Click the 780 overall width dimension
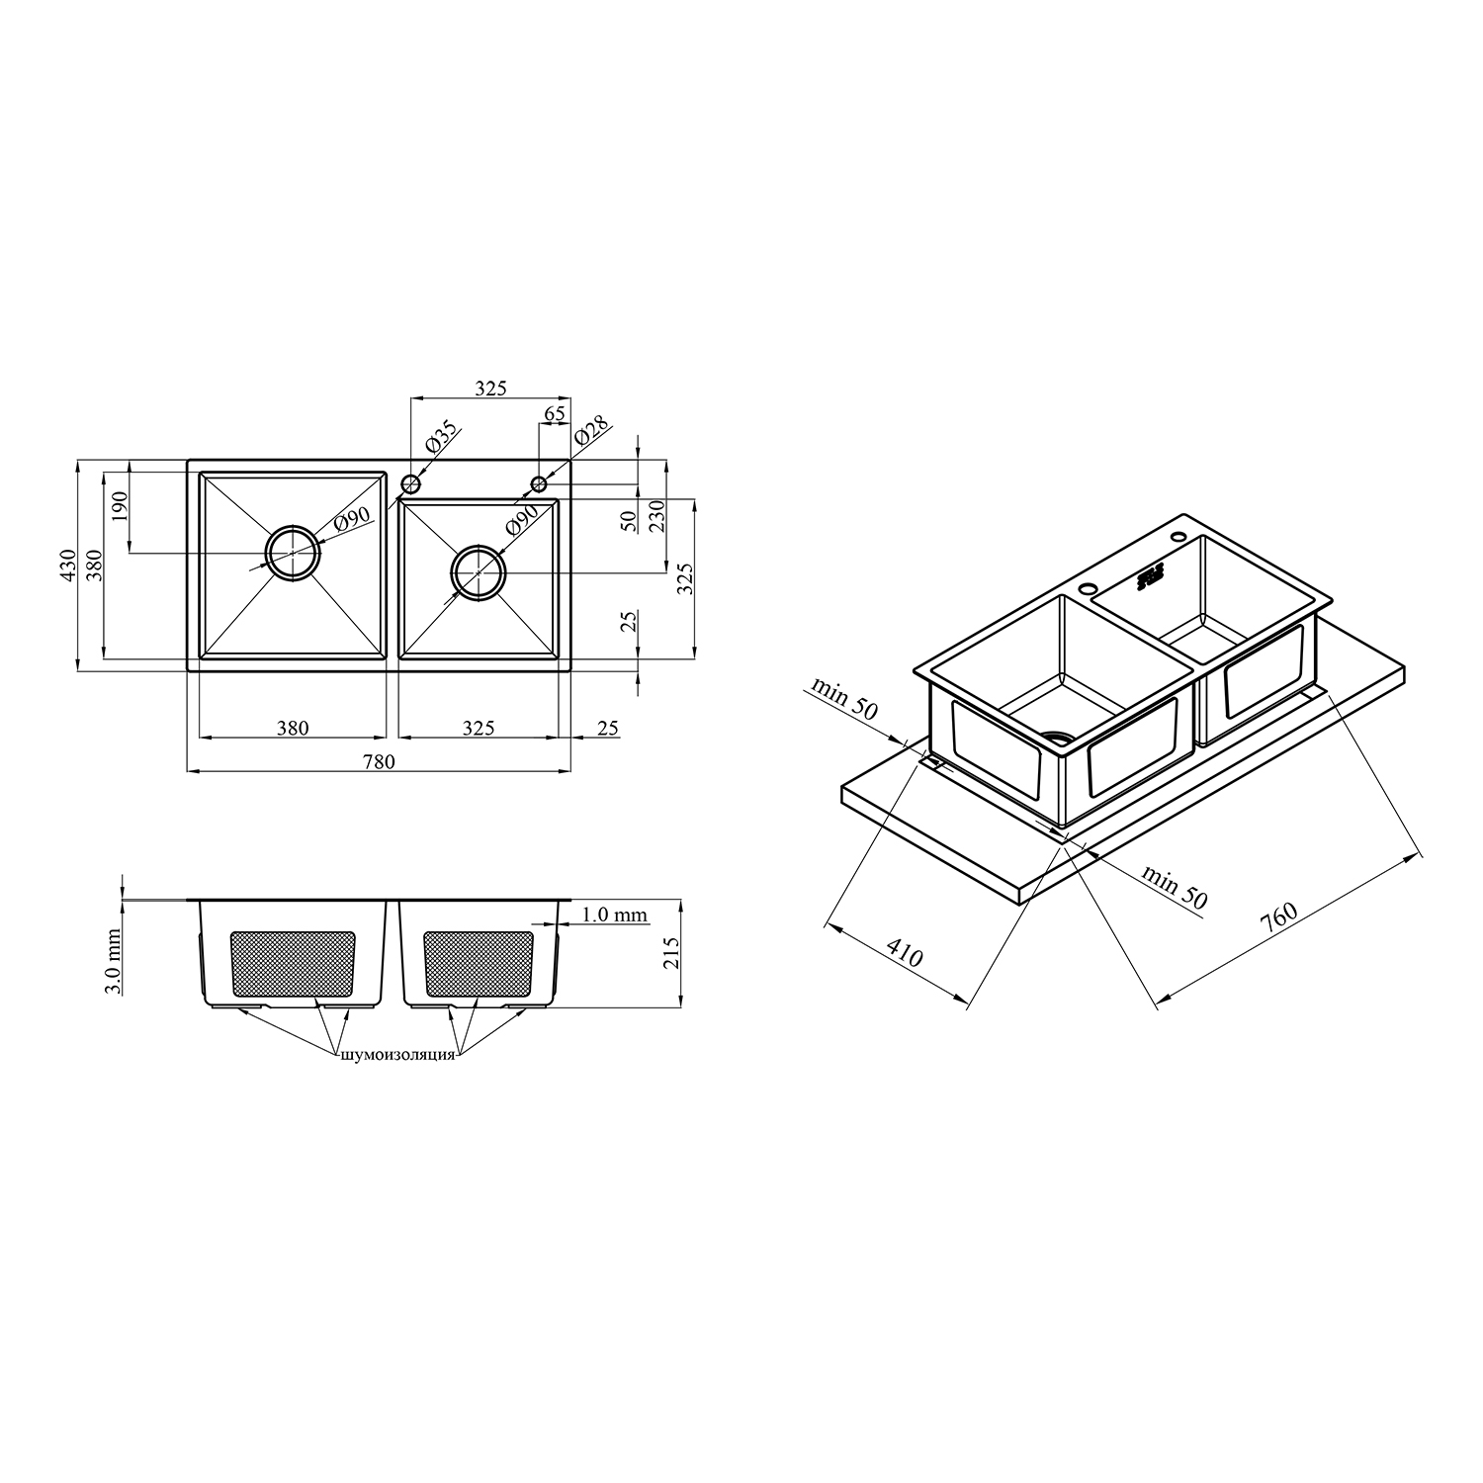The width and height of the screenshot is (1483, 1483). pyautogui.click(x=380, y=761)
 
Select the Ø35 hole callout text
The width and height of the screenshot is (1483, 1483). pyautogui.click(x=441, y=436)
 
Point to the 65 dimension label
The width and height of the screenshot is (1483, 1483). pyautogui.click(x=555, y=414)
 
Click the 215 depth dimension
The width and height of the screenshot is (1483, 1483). pyautogui.click(x=672, y=954)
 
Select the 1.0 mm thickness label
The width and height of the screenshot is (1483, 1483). pyautogui.click(x=615, y=916)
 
